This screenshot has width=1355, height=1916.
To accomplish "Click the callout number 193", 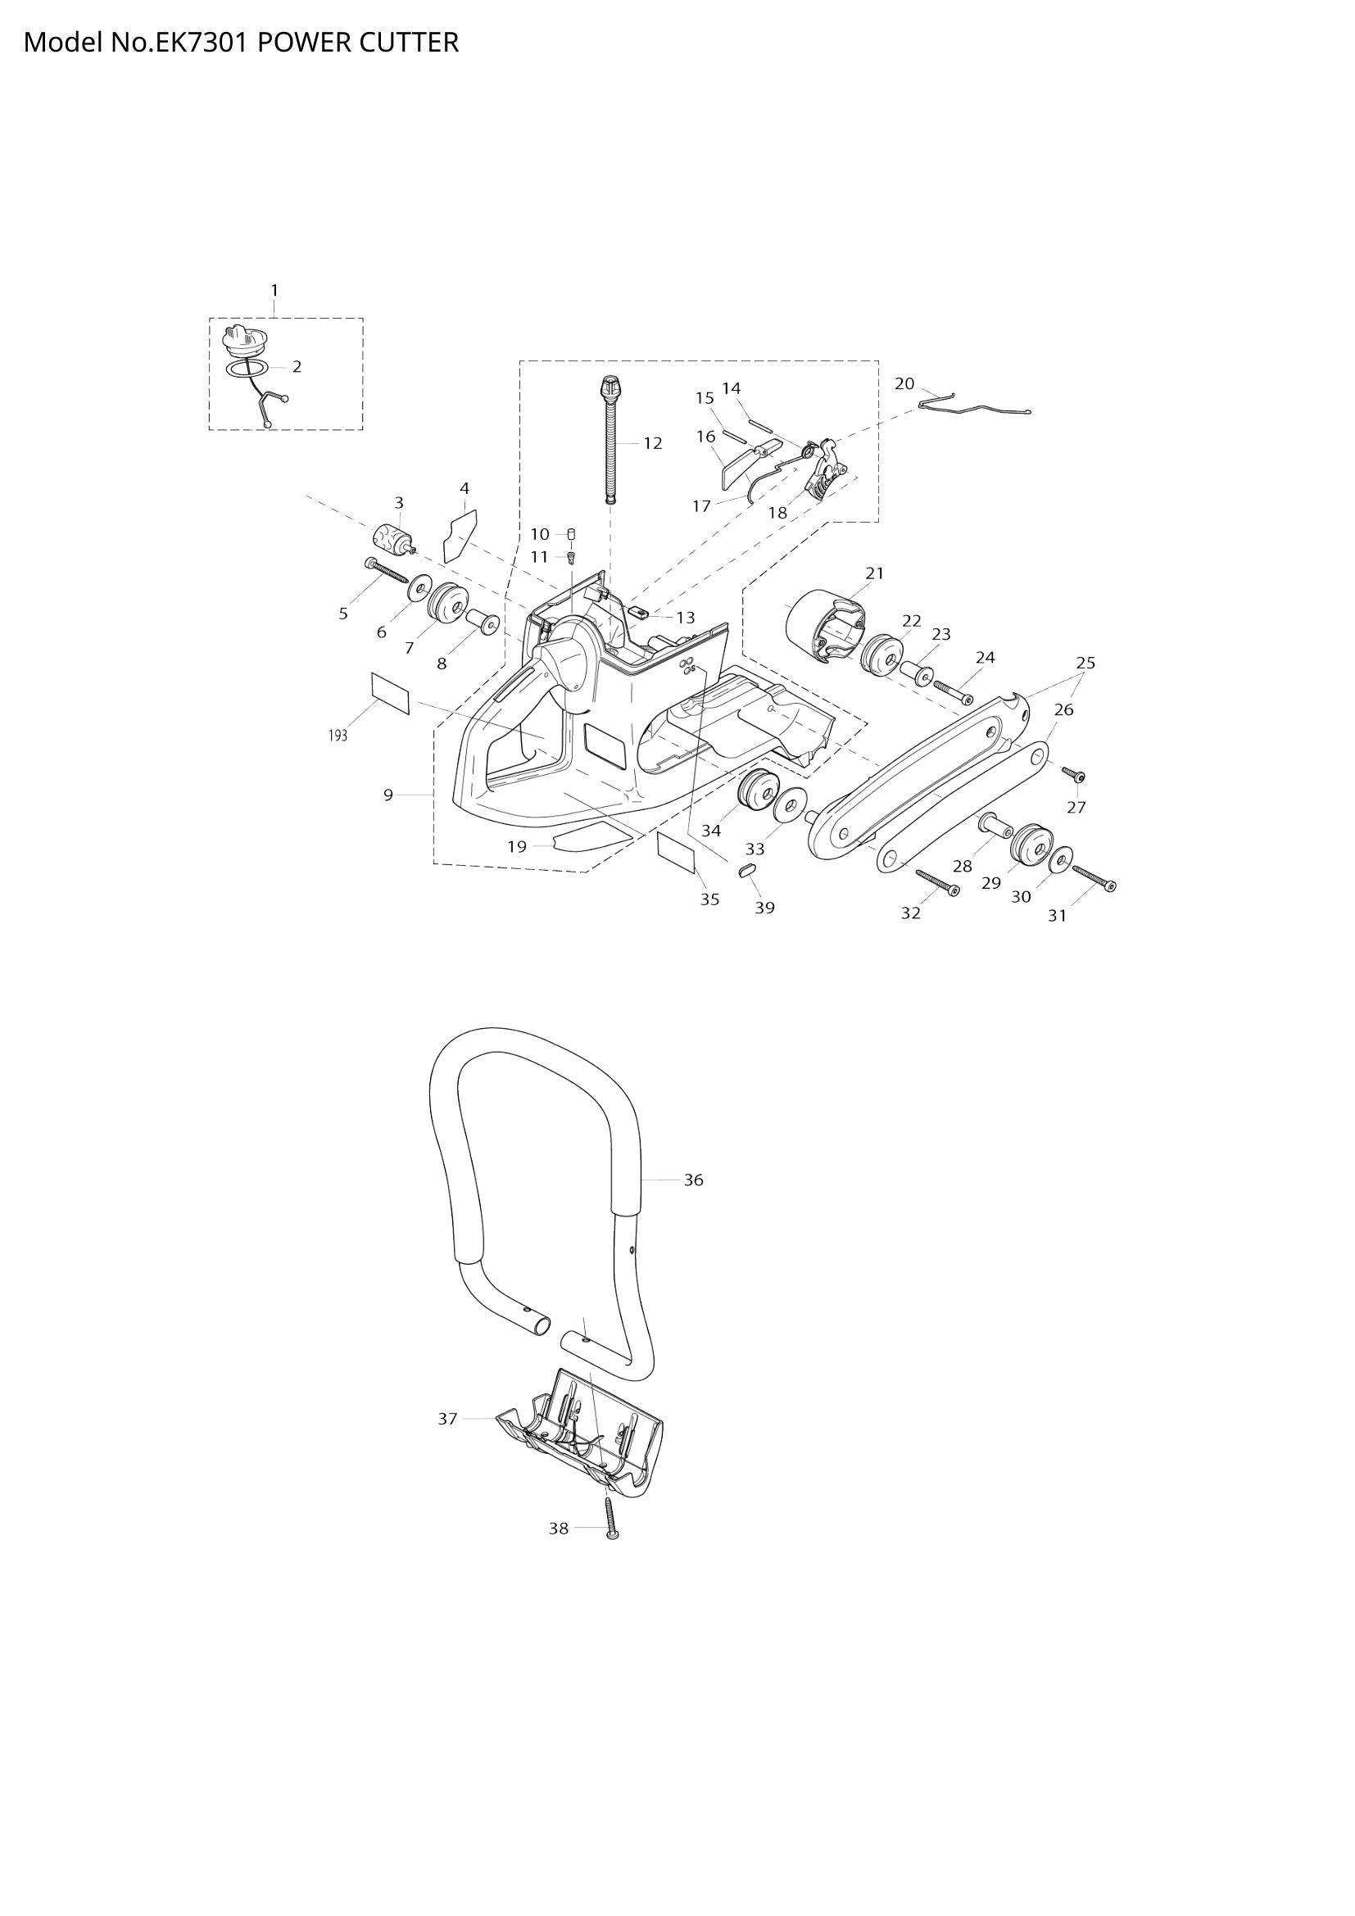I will [337, 736].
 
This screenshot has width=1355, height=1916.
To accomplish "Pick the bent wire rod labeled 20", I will [974, 407].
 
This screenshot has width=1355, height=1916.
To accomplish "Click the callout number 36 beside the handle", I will [693, 1180].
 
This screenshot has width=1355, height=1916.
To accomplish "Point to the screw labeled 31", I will [1094, 879].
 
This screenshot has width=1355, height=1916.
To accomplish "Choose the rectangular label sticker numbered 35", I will [676, 851].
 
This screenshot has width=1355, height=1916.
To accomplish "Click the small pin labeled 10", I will [573, 534].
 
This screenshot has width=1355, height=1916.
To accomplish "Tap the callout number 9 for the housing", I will [388, 795].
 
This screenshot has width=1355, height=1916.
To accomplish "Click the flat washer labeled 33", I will [789, 807].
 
